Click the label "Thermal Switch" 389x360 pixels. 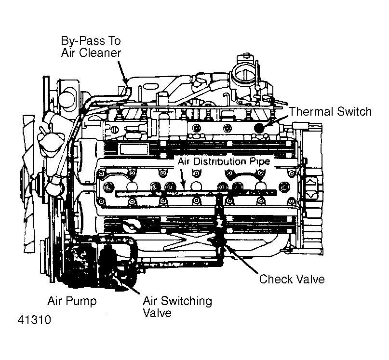(330, 112)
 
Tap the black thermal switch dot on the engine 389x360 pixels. (260, 129)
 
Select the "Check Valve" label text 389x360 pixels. (292, 279)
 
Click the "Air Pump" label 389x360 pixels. (72, 301)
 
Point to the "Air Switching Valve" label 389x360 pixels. (177, 307)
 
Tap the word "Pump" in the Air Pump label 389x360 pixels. (84, 301)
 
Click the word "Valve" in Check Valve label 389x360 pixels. (309, 279)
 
